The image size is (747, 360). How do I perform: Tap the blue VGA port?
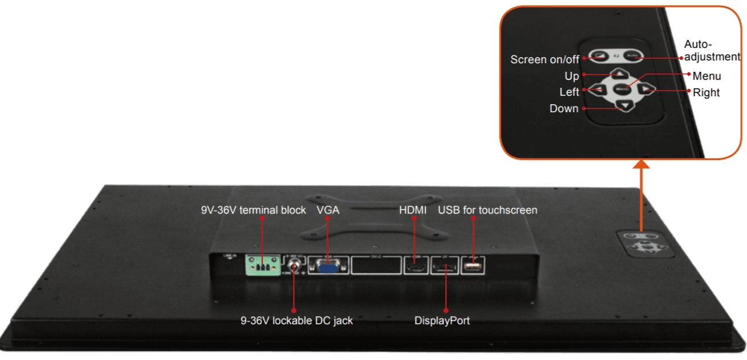328,266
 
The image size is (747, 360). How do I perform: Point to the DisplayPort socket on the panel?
446,267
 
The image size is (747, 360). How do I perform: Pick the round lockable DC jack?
295,265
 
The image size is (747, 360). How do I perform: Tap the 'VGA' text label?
328,210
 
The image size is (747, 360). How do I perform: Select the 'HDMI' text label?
413,210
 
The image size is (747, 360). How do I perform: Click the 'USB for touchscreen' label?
487,210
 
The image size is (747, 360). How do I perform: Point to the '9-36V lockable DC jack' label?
296,321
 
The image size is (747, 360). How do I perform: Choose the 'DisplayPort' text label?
442,321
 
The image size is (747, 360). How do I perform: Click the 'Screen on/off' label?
544,59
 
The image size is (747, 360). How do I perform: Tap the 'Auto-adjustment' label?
712,50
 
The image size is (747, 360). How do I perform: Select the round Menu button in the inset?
622,88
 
